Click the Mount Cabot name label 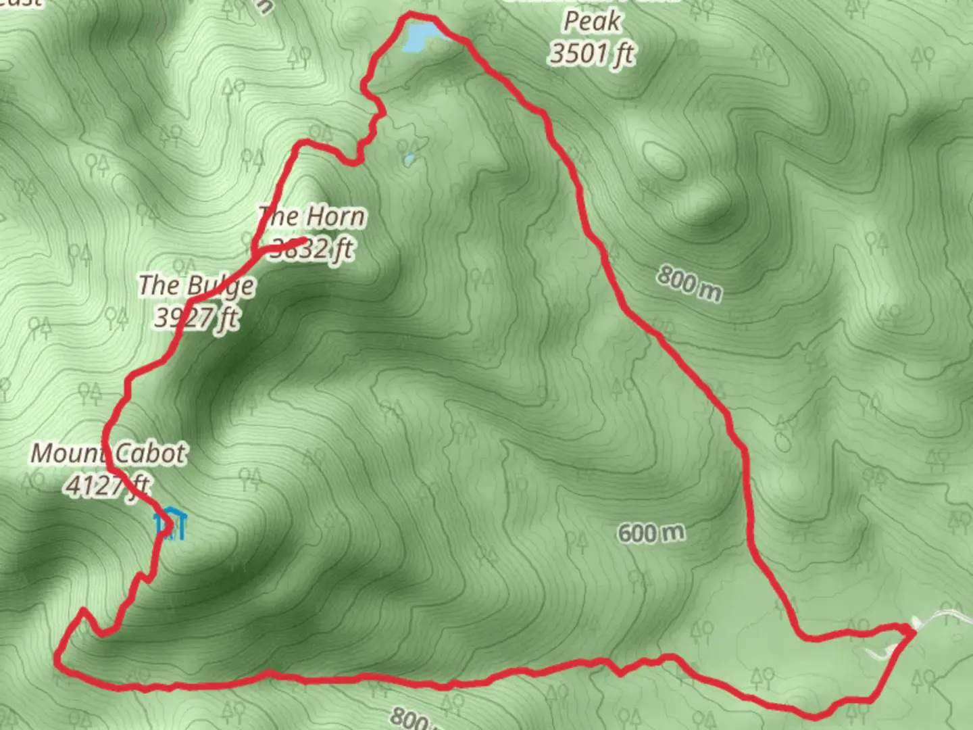(108, 453)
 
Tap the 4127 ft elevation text (108, 485)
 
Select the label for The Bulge (196, 286)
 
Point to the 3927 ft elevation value (196, 316)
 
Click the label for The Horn (312, 217)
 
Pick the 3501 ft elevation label (592, 53)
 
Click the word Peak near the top (592, 22)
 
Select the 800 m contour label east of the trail (689, 283)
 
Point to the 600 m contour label (651, 533)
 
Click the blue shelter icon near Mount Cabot (170, 522)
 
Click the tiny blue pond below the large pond (408, 160)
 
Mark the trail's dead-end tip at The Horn (300, 241)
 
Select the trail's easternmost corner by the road (912, 631)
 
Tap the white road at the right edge (946, 614)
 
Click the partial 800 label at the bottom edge (409, 719)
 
